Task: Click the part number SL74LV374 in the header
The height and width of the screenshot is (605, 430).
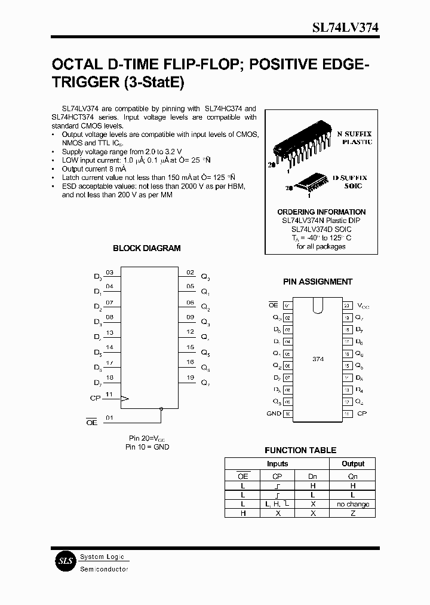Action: [x=345, y=27]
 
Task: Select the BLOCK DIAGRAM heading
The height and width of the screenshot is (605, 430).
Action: [x=146, y=248]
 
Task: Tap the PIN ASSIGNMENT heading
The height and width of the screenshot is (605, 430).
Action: [x=317, y=282]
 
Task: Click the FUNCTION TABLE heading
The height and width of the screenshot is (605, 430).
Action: [x=300, y=450]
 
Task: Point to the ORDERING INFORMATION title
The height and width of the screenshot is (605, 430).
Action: [x=321, y=212]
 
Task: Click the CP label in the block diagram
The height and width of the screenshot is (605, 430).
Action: [x=94, y=397]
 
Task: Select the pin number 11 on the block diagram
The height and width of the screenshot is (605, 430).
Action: [x=109, y=395]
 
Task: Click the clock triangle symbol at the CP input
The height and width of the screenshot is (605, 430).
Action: [x=124, y=398]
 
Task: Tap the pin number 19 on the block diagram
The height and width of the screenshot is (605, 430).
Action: [x=190, y=378]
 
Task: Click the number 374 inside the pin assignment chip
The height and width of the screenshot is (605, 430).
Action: [x=318, y=359]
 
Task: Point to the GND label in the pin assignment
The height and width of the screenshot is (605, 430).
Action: [x=274, y=413]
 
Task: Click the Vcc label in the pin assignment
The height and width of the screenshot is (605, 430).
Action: [x=363, y=305]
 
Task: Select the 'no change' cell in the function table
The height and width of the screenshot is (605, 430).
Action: [x=353, y=504]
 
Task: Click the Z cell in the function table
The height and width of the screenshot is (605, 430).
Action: [x=353, y=513]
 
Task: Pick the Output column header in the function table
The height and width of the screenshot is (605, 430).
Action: [x=353, y=463]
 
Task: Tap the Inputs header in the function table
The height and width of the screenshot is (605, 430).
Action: [x=277, y=463]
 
